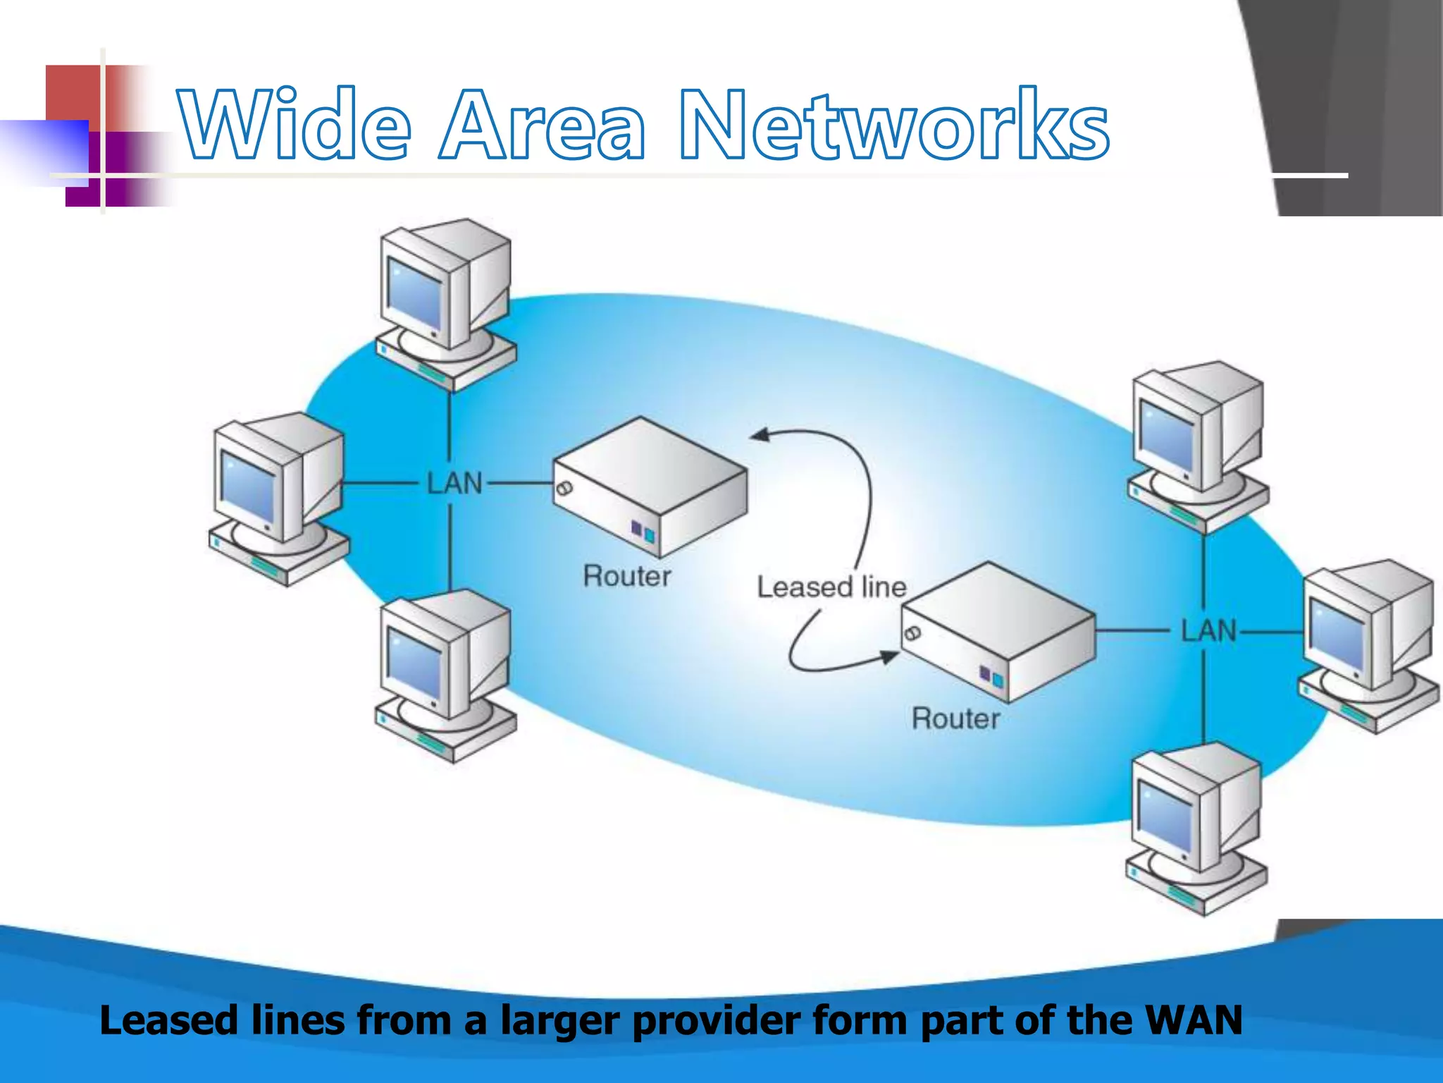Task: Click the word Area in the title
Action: click(x=541, y=126)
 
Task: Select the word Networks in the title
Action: click(x=893, y=126)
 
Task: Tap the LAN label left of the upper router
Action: click(x=455, y=484)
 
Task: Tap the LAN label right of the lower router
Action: click(x=1208, y=631)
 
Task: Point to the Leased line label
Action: click(x=831, y=587)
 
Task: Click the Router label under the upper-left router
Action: click(x=627, y=577)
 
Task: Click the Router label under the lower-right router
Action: click(x=955, y=719)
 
